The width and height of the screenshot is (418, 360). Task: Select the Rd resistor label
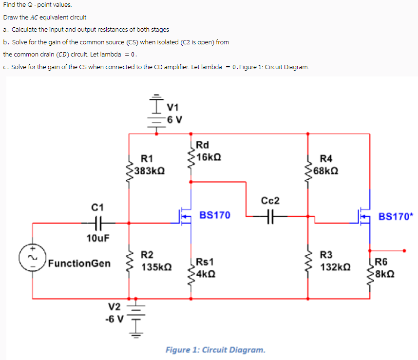click(203, 144)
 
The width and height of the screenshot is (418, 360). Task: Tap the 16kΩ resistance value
click(209, 156)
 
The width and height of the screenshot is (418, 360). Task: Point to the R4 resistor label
click(326, 158)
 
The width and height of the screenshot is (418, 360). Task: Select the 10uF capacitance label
click(98, 238)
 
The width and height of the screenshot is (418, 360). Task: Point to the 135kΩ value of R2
click(155, 267)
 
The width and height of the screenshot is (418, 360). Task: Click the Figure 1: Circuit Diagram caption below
click(215, 350)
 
